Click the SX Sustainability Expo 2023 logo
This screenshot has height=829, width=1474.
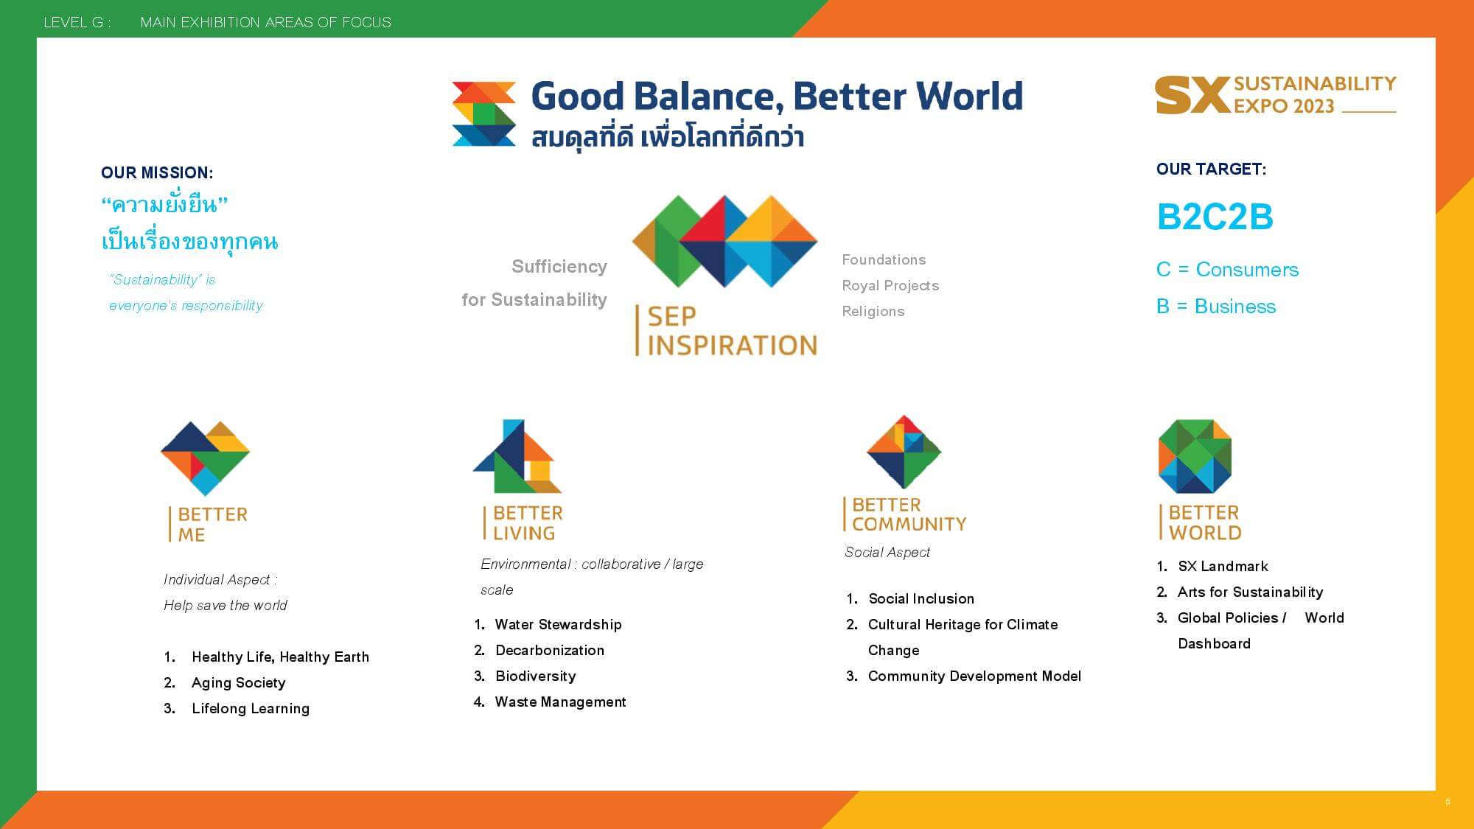coord(1276,95)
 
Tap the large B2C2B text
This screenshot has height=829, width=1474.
coord(1215,217)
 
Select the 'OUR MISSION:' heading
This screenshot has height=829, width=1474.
coord(157,173)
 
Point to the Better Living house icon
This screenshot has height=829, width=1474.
coord(517,456)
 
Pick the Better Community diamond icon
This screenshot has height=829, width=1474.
coord(904,452)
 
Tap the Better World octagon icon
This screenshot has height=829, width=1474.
coord(1195,456)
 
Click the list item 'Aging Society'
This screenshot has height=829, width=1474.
coord(238,683)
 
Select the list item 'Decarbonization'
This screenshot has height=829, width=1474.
coord(550,651)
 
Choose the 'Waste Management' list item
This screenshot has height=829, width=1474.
coord(560,702)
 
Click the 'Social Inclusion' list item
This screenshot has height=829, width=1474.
coord(921,599)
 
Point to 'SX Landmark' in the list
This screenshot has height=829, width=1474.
coord(1223,567)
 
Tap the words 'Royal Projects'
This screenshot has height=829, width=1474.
coord(890,286)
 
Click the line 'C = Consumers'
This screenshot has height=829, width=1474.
coord(1227,270)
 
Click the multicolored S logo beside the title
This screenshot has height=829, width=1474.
coord(483,114)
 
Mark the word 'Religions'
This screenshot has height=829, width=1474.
coord(873,312)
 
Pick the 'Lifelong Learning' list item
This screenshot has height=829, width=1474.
coord(251,709)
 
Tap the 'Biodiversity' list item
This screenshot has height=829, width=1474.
coord(536,676)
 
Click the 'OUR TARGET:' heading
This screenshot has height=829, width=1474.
coord(1211,169)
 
